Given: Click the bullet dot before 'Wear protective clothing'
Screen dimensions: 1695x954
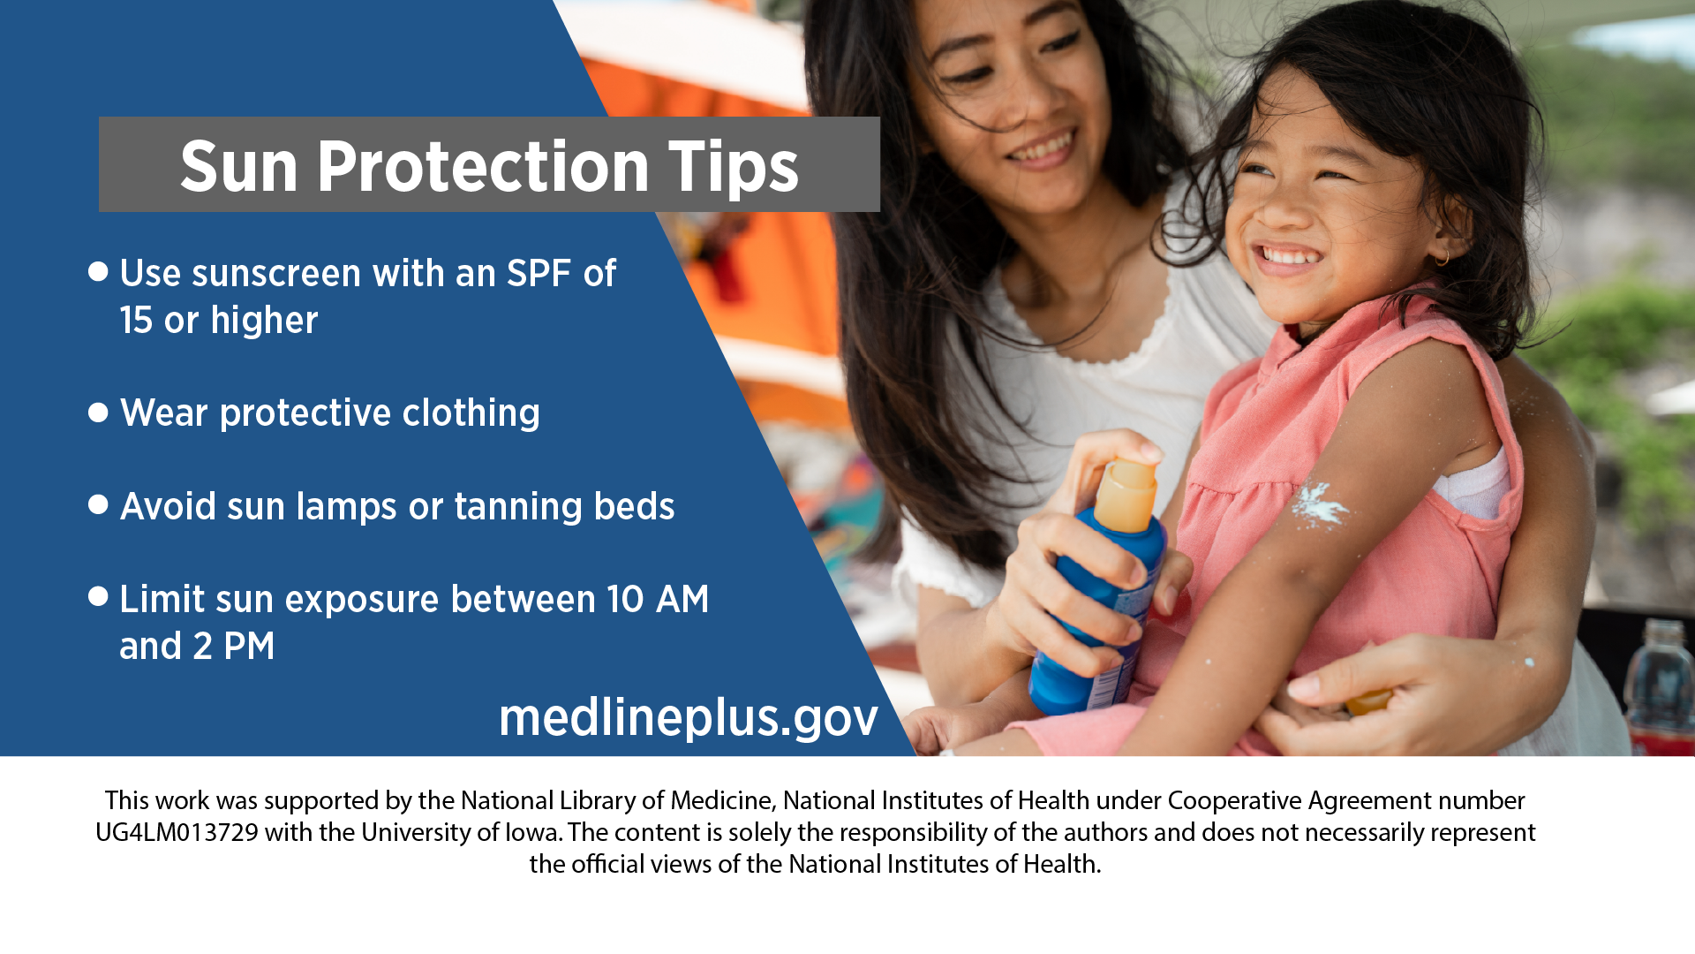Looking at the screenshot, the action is pyautogui.click(x=98, y=413).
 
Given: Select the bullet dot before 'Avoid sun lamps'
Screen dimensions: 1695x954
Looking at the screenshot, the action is pyautogui.click(x=98, y=504).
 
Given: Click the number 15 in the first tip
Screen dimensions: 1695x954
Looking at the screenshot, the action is pyautogui.click(x=136, y=320).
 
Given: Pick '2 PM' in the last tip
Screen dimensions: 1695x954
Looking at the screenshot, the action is pyautogui.click(x=234, y=646).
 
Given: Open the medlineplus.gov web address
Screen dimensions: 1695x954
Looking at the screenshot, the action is pyautogui.click(x=689, y=717).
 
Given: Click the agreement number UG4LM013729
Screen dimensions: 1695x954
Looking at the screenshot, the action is pyautogui.click(x=177, y=832).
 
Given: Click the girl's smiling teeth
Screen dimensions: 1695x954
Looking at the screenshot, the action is pyautogui.click(x=1286, y=256).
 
